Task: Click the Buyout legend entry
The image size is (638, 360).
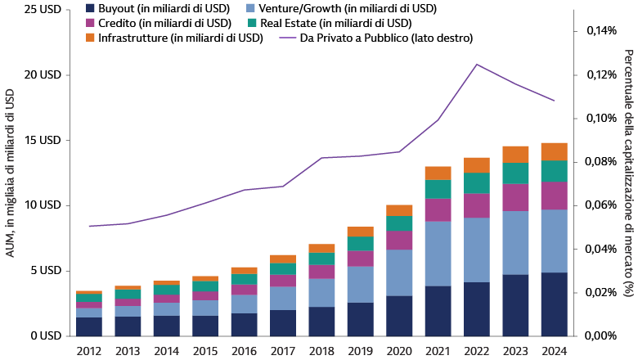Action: point(151,8)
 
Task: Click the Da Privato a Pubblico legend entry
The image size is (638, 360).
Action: point(375,38)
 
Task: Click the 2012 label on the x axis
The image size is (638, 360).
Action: point(89,350)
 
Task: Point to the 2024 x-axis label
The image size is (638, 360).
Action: point(555,350)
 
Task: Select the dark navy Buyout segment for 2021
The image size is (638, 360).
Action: point(438,311)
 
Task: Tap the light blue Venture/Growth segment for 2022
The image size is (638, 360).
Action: point(477,250)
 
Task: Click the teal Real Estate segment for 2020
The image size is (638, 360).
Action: point(399,223)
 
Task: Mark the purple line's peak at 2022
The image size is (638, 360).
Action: point(477,65)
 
